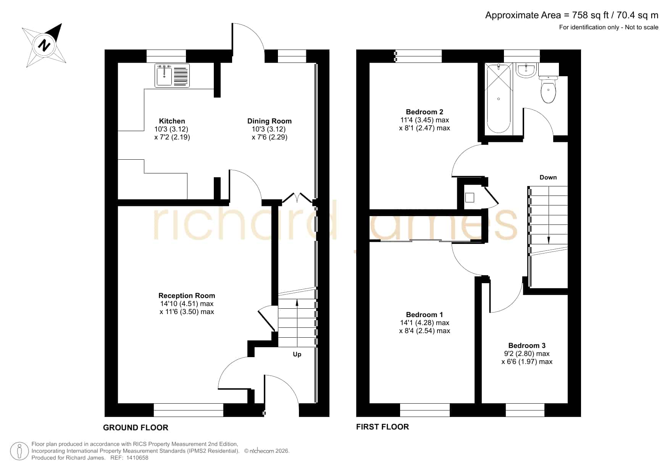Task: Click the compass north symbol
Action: point(44,45)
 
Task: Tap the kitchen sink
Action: point(172,75)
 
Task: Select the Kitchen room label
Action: point(172,121)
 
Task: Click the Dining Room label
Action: point(270,121)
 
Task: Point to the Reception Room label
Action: point(187,295)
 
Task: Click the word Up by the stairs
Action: point(297,354)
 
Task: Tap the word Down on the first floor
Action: point(548,177)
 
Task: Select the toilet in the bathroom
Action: point(549,89)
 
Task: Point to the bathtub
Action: point(499,98)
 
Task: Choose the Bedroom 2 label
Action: point(425,112)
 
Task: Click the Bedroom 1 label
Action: point(425,314)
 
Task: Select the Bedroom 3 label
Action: point(527,345)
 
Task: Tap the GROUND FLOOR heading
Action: point(136,428)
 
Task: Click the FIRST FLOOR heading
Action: point(383,427)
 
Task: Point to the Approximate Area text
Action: point(572,15)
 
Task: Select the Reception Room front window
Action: point(189,410)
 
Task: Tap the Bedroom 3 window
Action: point(525,410)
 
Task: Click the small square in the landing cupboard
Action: point(470,197)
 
